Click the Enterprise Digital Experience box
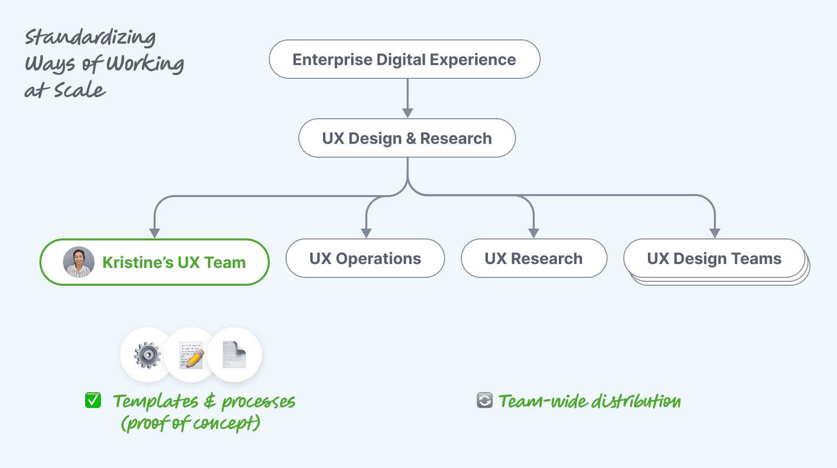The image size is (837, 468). (404, 59)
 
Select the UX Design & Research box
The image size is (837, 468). (407, 138)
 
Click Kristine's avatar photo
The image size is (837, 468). (79, 262)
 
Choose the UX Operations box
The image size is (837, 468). (365, 258)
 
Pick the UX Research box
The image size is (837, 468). (533, 258)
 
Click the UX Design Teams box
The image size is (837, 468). (714, 258)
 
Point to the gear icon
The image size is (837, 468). (147, 355)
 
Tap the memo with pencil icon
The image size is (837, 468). (191, 355)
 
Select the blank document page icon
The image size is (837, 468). (234, 355)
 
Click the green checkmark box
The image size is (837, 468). (93, 401)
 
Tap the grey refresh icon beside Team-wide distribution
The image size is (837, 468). (484, 401)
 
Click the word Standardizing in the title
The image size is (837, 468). (90, 37)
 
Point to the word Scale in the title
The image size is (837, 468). (80, 90)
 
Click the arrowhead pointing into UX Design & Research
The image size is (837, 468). (407, 113)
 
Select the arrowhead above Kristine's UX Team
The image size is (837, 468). (155, 233)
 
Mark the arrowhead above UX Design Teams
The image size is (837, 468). (715, 233)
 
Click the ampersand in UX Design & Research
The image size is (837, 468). (411, 138)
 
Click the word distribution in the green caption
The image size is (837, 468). (636, 401)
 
